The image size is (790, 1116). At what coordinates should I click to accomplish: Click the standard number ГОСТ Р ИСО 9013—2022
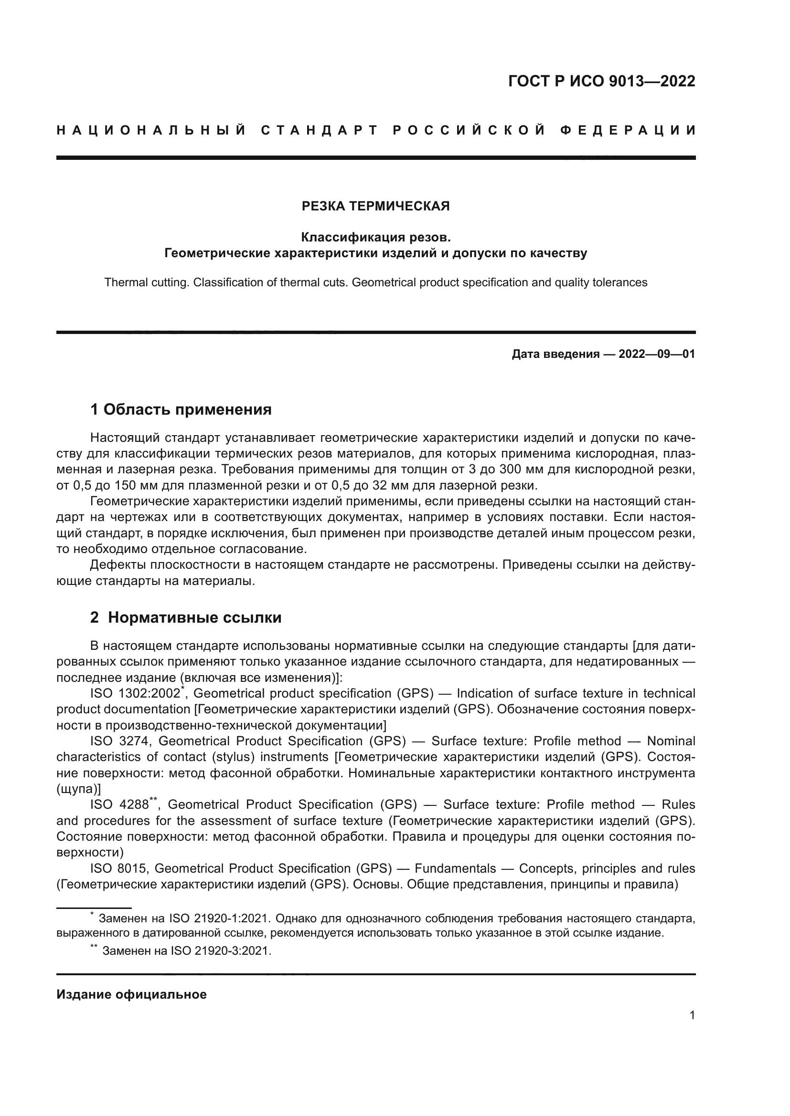click(601, 81)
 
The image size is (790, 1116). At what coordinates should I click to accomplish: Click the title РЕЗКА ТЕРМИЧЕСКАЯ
click(375, 206)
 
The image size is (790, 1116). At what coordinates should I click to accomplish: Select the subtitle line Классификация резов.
click(375, 237)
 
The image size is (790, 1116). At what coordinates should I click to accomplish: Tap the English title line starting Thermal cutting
click(375, 282)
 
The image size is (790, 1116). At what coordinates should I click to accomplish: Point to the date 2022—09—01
click(657, 354)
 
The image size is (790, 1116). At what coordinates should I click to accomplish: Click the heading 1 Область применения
click(181, 410)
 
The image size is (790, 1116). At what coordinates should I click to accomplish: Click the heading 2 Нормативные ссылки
click(186, 618)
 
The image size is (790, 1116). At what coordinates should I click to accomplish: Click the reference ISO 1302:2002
click(135, 694)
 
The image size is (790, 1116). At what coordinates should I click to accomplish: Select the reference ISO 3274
click(121, 741)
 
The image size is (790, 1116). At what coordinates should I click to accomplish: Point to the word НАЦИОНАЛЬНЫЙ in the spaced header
click(151, 130)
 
